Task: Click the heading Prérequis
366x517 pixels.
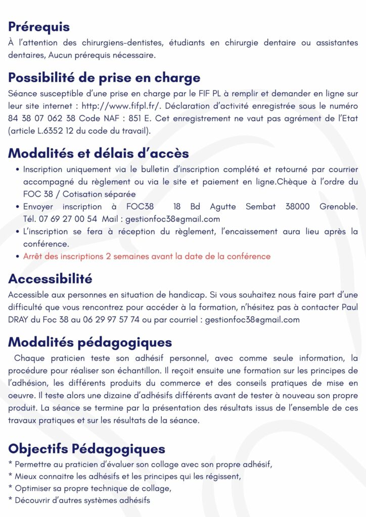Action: (x=39, y=27)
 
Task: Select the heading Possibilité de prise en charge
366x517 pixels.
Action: (x=104, y=78)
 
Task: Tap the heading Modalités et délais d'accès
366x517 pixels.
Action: (x=99, y=153)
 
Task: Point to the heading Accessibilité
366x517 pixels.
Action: (x=50, y=279)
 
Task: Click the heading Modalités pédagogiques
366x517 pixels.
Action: (x=90, y=342)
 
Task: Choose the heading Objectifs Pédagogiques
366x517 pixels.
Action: (x=86, y=448)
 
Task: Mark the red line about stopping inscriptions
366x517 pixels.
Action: (x=147, y=256)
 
